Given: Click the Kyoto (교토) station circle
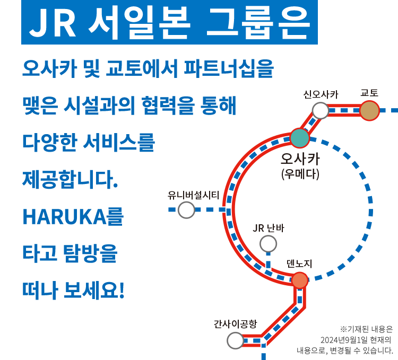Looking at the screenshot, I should click(x=369, y=111).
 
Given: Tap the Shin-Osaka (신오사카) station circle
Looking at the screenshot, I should click(x=320, y=110).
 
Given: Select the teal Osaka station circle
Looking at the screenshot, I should click(x=299, y=138).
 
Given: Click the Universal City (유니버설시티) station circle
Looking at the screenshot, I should click(x=186, y=210).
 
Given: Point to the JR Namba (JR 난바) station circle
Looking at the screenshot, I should click(x=268, y=244).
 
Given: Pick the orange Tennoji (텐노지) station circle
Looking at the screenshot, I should click(x=300, y=280).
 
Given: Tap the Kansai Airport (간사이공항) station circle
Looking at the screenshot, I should click(x=235, y=340).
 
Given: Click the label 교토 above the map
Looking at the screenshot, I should click(x=369, y=93).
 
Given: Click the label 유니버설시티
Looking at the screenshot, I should click(x=193, y=195).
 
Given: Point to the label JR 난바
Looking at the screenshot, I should click(x=269, y=229).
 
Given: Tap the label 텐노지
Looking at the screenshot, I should click(x=299, y=264).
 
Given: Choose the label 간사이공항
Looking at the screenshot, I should click(x=235, y=323).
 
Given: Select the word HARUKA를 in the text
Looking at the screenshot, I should click(x=73, y=216).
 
